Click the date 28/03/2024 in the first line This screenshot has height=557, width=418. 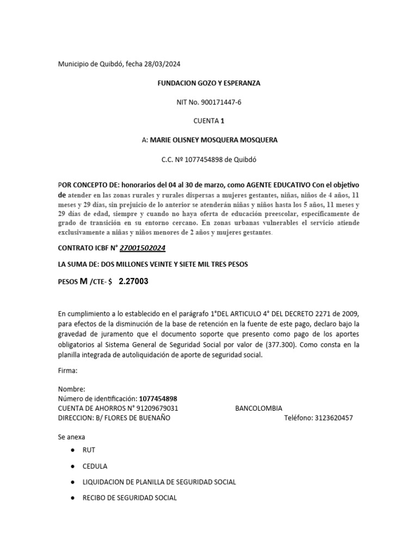click(162, 64)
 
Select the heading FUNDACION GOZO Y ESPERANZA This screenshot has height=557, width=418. click(208, 83)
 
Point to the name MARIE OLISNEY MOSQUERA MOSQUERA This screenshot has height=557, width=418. click(213, 140)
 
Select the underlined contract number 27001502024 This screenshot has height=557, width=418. click(143, 248)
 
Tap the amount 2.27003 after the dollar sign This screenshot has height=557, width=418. click(133, 281)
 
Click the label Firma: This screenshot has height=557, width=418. click(67, 370)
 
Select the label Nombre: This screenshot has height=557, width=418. click(71, 389)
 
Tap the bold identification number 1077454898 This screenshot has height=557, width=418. click(158, 399)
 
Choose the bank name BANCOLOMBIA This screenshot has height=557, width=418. click(259, 409)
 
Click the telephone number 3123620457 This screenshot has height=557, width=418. click(334, 418)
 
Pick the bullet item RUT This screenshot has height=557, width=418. click(89, 450)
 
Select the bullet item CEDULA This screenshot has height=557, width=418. click(95, 466)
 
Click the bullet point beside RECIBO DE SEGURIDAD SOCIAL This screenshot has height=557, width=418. click(73, 498)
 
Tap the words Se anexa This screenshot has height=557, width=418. click(71, 437)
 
